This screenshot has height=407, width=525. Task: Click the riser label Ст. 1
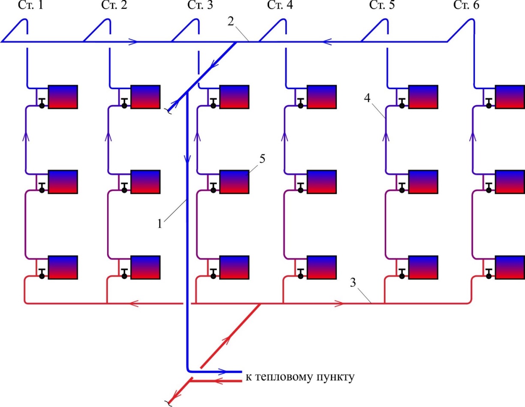[30, 5]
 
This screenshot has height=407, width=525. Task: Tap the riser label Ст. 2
[114, 5]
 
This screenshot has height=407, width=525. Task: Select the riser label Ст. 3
[200, 5]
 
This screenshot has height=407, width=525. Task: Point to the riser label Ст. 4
[280, 5]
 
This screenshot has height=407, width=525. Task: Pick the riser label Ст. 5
[382, 5]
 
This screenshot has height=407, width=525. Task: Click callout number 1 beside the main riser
[160, 223]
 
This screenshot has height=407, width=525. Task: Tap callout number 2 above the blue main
[231, 21]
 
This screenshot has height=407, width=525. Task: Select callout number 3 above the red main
[353, 283]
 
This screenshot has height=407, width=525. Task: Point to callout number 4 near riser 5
[367, 98]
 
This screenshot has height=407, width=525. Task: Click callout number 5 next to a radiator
[262, 159]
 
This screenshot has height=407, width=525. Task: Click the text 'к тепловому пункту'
[300, 377]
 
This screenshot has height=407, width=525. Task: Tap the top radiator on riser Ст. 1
[63, 96]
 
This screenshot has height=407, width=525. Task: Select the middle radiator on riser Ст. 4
[322, 182]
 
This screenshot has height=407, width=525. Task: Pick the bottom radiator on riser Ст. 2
[145, 267]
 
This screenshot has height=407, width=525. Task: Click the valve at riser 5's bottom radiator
[402, 274]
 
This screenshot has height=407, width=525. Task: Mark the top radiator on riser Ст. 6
[510, 96]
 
